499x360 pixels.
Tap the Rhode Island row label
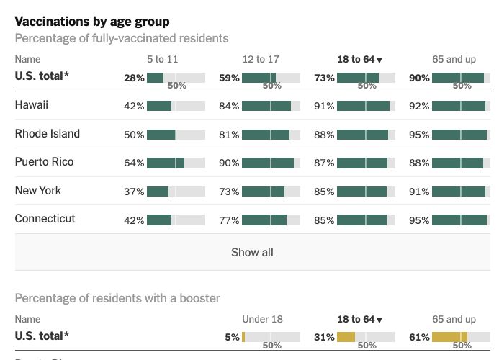tap(48, 134)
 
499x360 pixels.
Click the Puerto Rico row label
tap(44, 162)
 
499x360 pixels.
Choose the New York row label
tap(38, 191)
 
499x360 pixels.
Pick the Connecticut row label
tap(45, 219)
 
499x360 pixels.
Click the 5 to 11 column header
tap(162, 59)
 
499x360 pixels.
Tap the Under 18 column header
tap(262, 319)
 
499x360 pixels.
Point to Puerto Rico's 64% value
tap(134, 163)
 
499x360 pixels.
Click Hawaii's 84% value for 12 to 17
tap(229, 107)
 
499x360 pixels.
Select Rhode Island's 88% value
tap(324, 135)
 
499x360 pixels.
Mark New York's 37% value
tap(134, 192)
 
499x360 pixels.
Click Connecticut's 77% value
tap(229, 220)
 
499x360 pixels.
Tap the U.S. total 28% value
tap(134, 78)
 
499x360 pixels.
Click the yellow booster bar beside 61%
tap(449, 336)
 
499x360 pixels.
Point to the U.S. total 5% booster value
tap(232, 337)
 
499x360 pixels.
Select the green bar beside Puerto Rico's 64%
tap(165, 163)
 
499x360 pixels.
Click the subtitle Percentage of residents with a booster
tap(117, 298)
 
